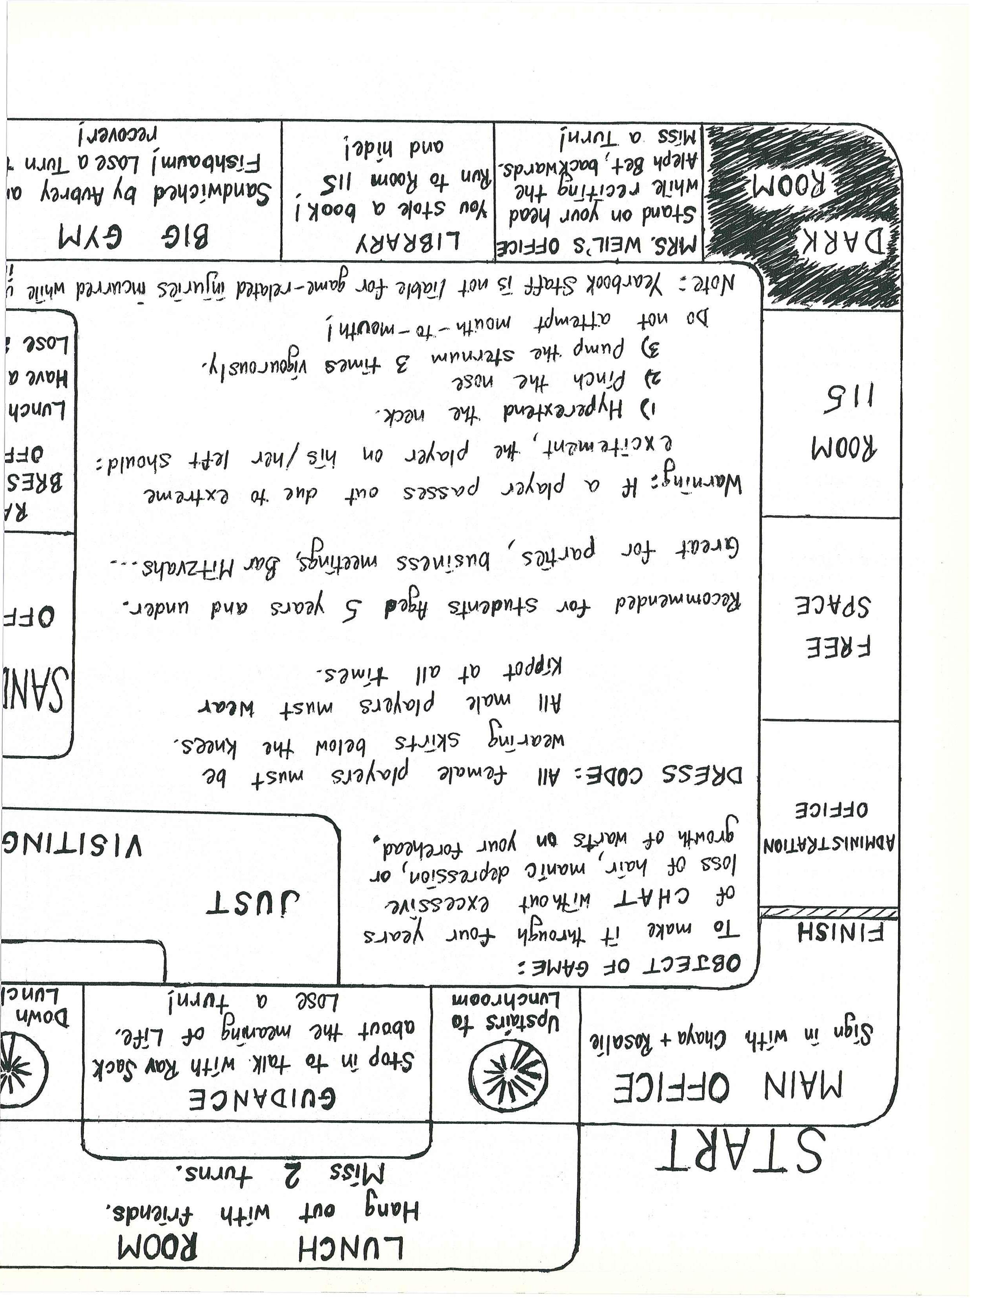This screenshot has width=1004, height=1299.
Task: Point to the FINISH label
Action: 840,932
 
